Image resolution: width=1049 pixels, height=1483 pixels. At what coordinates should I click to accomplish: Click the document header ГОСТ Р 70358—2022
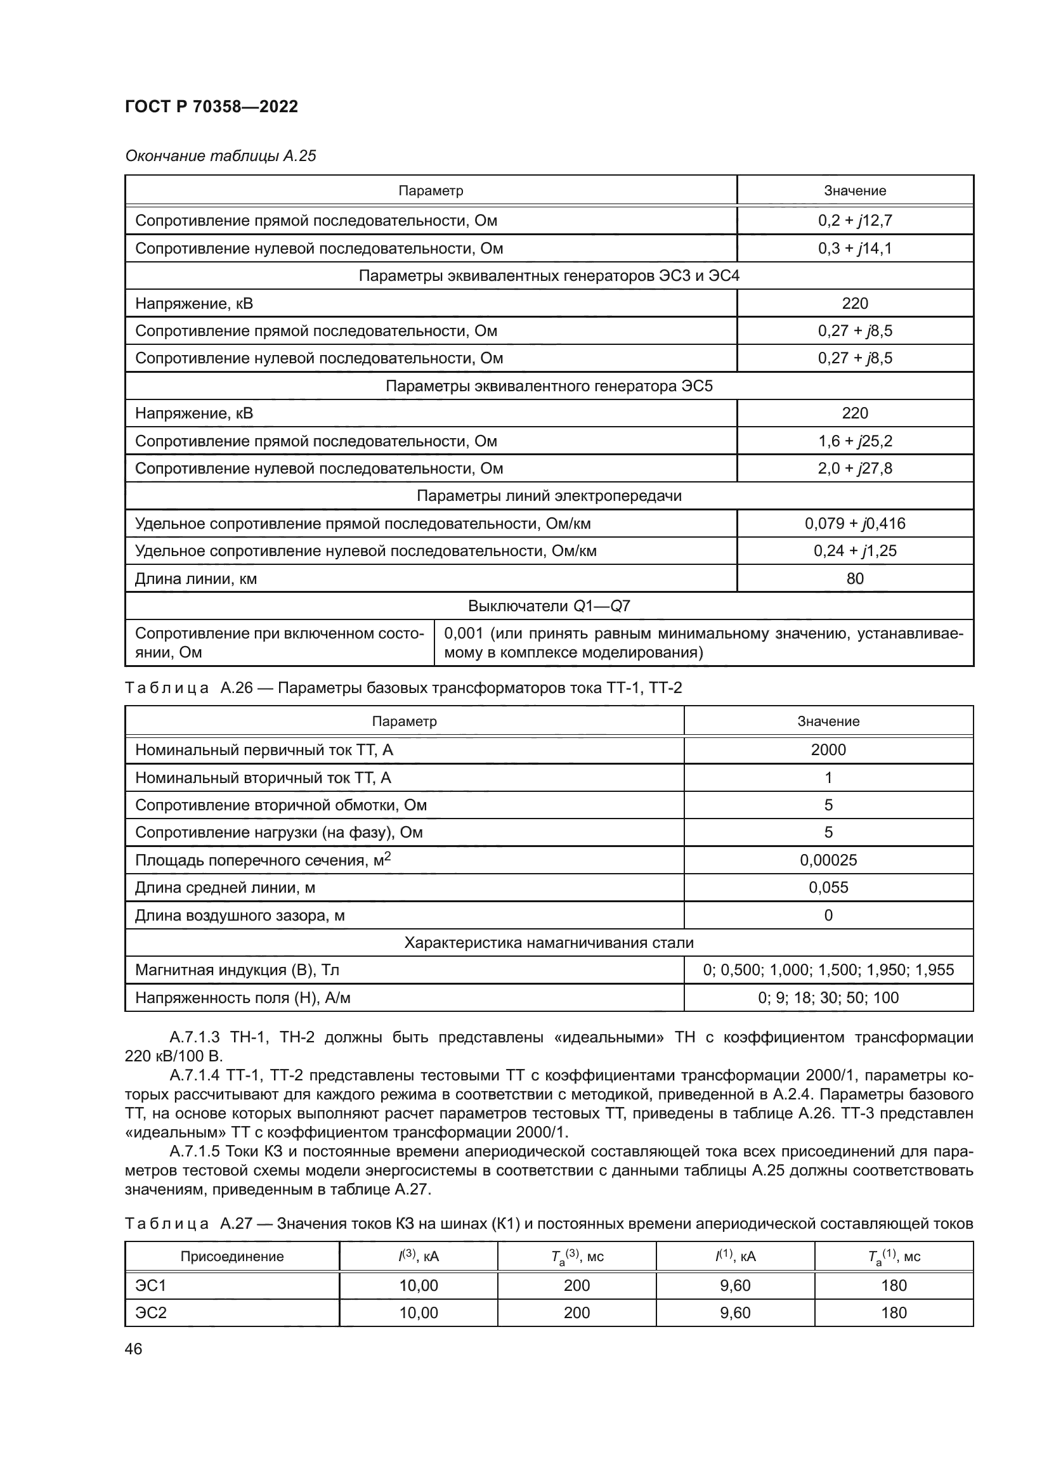pos(211,107)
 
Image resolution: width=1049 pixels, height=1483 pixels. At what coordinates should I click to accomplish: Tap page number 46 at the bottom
pos(133,1349)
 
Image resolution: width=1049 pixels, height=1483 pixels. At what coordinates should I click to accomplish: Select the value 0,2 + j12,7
pos(854,220)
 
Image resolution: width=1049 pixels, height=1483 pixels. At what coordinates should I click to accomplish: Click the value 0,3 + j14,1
pos(854,248)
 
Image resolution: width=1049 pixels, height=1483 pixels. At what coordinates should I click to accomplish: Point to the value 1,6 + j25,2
pos(854,441)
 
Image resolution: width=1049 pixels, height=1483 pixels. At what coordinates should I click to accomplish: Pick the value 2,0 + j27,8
pos(854,469)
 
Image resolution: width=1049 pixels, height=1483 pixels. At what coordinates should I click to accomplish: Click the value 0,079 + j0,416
pos(854,523)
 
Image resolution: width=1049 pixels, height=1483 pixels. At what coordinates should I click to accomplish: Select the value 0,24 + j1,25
pos(854,551)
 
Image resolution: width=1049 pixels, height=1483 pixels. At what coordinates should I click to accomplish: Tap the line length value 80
pos(854,578)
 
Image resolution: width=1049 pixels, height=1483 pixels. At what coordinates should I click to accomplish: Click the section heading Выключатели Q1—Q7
pos(549,606)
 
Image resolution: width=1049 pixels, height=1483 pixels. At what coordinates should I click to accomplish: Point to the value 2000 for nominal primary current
pos(828,750)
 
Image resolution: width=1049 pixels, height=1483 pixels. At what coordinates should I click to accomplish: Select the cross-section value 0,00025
pos(828,860)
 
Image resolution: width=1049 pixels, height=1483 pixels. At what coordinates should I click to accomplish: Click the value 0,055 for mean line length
pos(828,888)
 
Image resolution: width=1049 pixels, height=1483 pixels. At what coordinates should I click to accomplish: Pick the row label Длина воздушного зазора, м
pos(240,916)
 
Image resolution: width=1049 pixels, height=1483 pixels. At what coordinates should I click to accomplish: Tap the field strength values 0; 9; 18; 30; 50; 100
pos(828,998)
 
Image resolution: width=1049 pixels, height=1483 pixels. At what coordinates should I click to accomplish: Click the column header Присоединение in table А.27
pos(232,1256)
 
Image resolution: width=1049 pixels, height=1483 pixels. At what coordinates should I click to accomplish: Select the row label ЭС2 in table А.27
pos(150,1312)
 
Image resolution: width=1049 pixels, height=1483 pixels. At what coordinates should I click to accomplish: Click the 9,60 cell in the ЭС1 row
pos(735,1285)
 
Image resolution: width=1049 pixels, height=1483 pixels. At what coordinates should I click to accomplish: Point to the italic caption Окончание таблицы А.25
pos(220,156)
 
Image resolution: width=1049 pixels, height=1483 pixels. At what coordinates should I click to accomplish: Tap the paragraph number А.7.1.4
pos(195,1075)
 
